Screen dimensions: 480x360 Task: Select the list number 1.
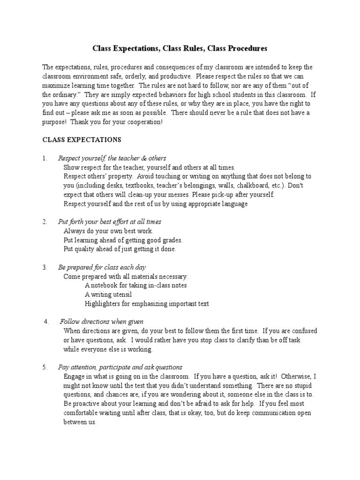45,158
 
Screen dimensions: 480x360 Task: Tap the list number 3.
45,267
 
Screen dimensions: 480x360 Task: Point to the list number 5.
45,367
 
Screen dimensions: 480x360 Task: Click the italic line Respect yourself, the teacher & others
112,158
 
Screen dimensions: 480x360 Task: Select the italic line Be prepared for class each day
102,267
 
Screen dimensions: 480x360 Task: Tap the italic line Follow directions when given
102,322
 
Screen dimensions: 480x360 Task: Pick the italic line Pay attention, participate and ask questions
120,367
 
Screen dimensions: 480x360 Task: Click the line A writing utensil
108,294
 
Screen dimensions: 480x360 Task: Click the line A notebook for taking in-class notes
136,285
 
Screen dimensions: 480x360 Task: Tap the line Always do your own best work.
108,231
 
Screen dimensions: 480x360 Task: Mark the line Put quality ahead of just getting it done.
120,249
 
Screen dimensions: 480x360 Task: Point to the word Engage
74,376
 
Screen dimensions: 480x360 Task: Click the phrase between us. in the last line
80,422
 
